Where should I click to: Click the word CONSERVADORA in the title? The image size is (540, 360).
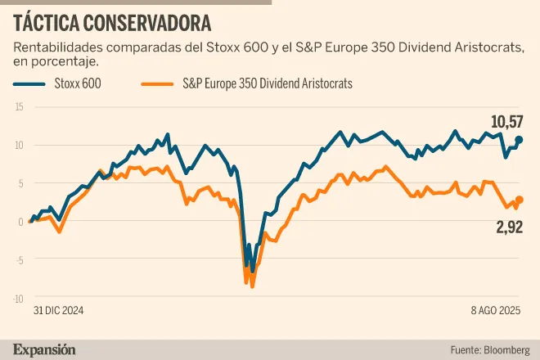[150, 20]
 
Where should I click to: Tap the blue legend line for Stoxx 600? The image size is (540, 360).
[32, 83]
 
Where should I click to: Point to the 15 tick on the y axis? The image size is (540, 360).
[19, 107]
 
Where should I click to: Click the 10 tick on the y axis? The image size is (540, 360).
[19, 146]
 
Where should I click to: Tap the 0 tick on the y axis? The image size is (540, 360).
[20, 222]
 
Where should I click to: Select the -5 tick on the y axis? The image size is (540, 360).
[19, 260]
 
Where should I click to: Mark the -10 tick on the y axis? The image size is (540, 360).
[18, 299]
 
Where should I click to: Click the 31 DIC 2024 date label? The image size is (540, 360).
[59, 312]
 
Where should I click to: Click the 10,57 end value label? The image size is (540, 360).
[506, 123]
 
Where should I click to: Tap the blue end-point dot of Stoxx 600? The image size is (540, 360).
[520, 140]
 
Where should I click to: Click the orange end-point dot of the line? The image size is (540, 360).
[520, 200]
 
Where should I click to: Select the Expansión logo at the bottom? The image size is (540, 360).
[44, 349]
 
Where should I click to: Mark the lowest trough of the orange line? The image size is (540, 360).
[253, 286]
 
